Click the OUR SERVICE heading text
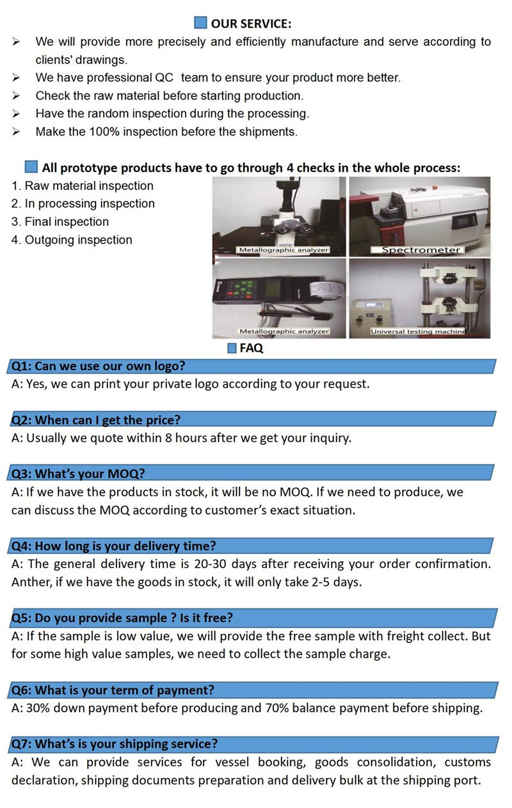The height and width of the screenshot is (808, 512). pos(251,24)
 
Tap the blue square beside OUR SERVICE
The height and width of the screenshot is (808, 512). pos(200,23)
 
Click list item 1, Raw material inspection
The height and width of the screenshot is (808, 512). pos(83,186)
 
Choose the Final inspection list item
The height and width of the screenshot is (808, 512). pos(60,222)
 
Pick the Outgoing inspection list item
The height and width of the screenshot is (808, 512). pos(72,240)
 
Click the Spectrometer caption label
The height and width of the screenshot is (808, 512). pos(420,250)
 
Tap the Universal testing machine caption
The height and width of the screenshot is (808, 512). pos(417,331)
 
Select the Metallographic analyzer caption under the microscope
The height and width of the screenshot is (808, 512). pos(283,250)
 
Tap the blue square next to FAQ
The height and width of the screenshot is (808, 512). pos(232,349)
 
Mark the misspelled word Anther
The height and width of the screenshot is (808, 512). pos(31,582)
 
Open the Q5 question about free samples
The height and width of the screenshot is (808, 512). pos(122,618)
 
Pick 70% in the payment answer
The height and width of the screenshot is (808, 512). pos(277,708)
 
